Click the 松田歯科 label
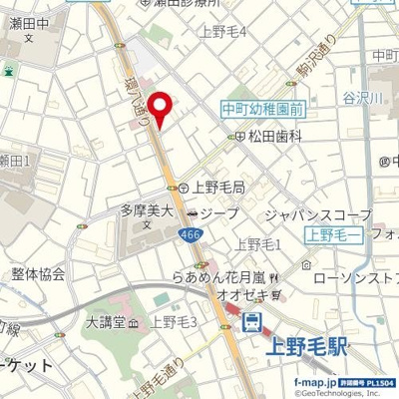pyautogui.click(x=275, y=136)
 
